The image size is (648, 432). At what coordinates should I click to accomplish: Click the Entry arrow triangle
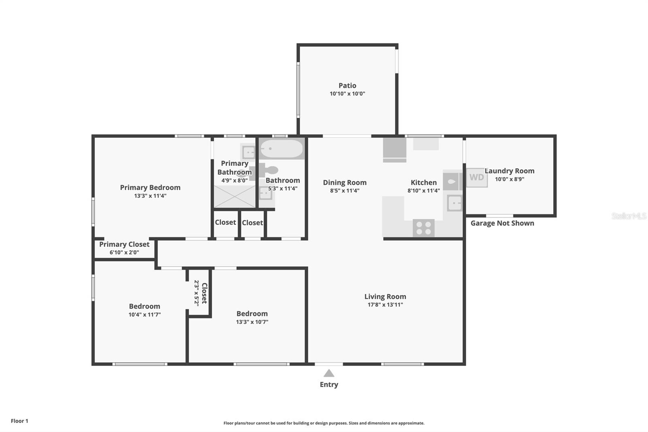[x=329, y=373]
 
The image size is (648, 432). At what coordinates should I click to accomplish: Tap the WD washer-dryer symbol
[x=477, y=178]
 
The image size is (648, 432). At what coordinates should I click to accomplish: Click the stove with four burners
[x=424, y=228]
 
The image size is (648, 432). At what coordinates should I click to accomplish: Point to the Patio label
[x=347, y=86]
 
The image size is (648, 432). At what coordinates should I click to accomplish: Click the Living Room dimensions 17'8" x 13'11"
[x=385, y=305]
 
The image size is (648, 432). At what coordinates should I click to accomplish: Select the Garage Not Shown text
[x=502, y=223]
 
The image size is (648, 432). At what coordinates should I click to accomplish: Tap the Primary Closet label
[x=124, y=244]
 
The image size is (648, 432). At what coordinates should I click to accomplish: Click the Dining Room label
[x=345, y=183]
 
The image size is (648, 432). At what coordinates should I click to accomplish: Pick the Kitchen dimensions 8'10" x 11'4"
[x=424, y=191]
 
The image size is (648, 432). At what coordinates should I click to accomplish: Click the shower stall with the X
[x=234, y=197]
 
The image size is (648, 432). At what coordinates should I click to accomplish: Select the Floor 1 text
[x=19, y=421]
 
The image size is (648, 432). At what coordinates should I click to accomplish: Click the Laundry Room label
[x=509, y=171]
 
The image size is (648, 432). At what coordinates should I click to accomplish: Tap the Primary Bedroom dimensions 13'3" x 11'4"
[x=150, y=196]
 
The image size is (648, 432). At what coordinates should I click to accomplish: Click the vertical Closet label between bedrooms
[x=204, y=293]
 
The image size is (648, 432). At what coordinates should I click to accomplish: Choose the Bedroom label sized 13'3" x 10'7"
[x=252, y=314]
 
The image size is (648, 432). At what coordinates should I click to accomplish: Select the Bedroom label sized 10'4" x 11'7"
[x=145, y=306]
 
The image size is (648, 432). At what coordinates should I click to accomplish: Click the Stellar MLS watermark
[x=629, y=216]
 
